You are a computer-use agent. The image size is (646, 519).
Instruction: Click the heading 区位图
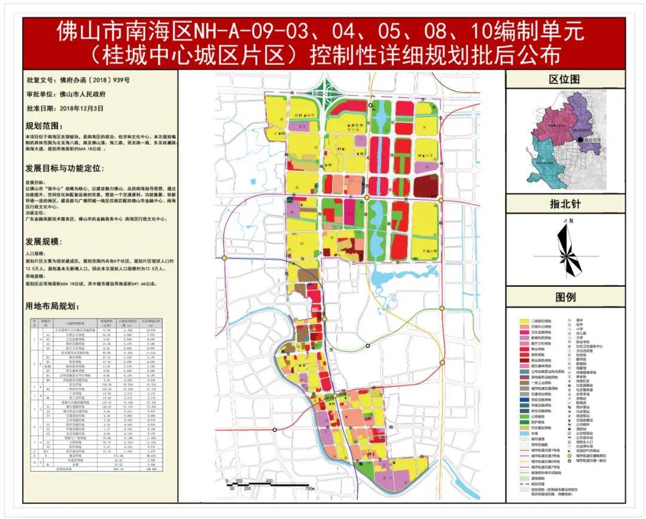565,79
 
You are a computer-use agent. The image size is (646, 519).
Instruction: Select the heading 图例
565,298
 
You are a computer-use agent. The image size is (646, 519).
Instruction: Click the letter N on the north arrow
571,221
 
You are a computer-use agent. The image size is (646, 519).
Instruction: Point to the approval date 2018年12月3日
82,109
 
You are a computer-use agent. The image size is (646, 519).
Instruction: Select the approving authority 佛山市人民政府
83,94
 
